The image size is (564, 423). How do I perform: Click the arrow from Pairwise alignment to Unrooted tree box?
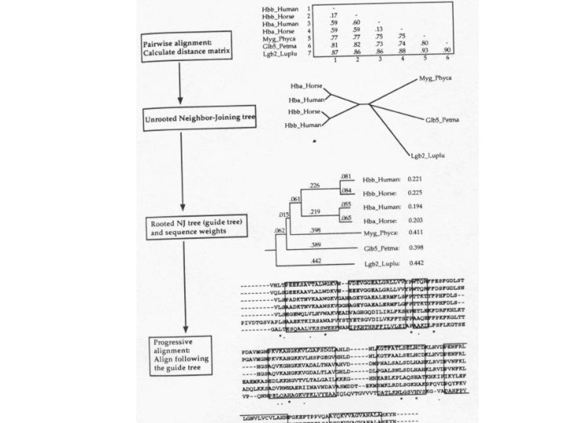pos(181,81)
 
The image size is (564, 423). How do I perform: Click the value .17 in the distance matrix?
pos(334,16)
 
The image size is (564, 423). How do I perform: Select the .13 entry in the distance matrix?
pos(378,30)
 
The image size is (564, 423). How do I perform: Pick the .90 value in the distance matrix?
pos(447,51)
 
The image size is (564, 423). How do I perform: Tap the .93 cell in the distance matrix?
pos(425,51)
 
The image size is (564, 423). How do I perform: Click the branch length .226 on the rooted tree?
pos(315,186)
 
